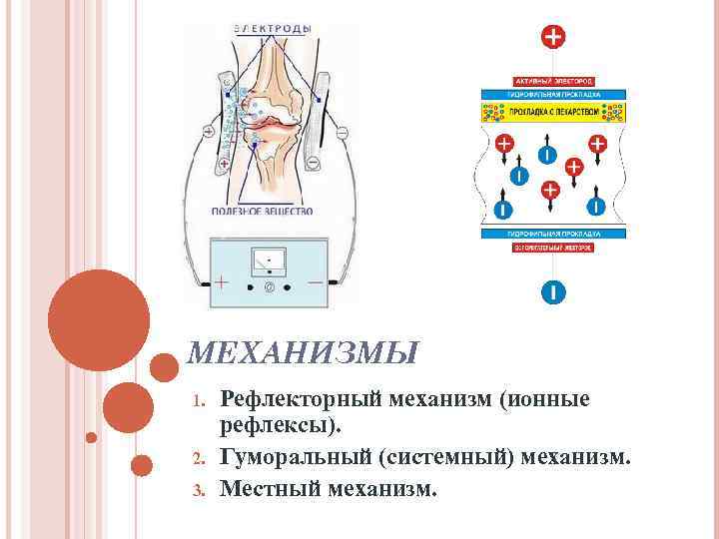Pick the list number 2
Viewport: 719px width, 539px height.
click(x=198, y=460)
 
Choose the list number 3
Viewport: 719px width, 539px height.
click(x=198, y=490)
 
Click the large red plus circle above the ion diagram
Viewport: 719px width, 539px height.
click(x=552, y=38)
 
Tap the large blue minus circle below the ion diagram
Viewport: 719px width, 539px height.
click(x=552, y=292)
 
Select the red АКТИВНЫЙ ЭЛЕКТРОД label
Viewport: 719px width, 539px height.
click(x=553, y=80)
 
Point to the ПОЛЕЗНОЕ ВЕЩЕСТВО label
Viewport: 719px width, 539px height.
click(x=263, y=211)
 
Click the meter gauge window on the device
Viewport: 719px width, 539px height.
click(x=271, y=262)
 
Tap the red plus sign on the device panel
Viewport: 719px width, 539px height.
click(x=222, y=283)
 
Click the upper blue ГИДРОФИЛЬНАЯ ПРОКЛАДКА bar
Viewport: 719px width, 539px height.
click(x=553, y=93)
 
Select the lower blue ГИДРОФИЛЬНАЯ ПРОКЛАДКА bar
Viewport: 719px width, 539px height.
click(x=553, y=234)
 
